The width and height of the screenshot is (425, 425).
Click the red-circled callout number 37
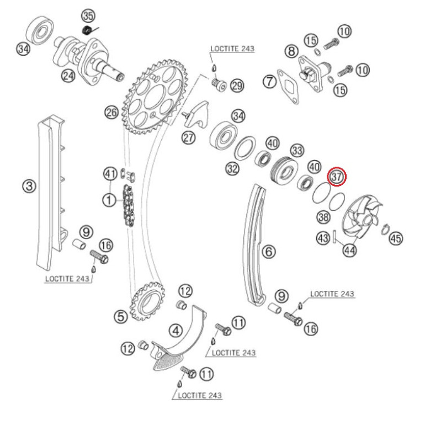[337, 177]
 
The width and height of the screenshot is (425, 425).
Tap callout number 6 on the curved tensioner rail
[268, 252]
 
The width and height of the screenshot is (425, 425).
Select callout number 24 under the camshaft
[68, 76]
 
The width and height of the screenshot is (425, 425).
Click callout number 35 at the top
[88, 15]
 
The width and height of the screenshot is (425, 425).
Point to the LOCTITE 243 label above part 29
[232, 49]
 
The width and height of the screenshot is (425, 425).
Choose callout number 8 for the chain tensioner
[291, 51]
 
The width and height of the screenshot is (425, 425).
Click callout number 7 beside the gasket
[269, 82]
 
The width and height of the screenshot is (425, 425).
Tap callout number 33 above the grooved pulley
[297, 150]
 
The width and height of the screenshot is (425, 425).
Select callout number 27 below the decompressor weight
[189, 137]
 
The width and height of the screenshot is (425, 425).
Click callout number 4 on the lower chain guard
[176, 331]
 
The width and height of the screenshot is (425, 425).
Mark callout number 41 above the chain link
[110, 175]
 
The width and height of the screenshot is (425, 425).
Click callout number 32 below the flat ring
[232, 168]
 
